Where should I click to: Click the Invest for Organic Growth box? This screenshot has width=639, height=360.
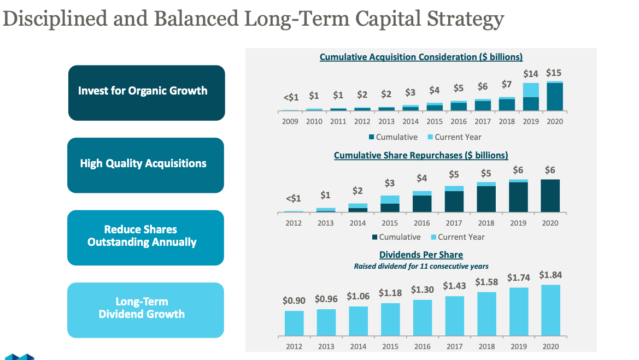pyautogui.click(x=146, y=92)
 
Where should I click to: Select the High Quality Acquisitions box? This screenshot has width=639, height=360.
pyautogui.click(x=145, y=165)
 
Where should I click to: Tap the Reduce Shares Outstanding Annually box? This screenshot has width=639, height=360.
pyautogui.click(x=145, y=237)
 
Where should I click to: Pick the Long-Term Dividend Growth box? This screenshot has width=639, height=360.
pyautogui.click(x=145, y=309)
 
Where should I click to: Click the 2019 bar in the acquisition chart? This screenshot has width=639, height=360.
pyautogui.click(x=531, y=97)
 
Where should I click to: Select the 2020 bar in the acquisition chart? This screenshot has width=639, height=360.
pyautogui.click(x=554, y=96)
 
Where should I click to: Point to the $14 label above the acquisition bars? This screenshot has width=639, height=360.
pyautogui.click(x=530, y=74)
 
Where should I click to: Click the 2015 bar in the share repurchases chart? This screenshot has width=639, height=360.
pyautogui.click(x=390, y=204)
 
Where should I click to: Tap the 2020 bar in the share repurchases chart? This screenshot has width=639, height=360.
pyautogui.click(x=550, y=196)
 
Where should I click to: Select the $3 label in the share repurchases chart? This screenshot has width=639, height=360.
pyautogui.click(x=389, y=183)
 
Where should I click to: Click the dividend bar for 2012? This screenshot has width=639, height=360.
pyautogui.click(x=294, y=323)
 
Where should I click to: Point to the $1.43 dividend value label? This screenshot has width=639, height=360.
pyautogui.click(x=454, y=286)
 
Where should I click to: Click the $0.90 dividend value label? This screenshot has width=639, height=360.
pyautogui.click(x=294, y=300)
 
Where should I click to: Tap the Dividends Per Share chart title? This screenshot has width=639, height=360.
pyautogui.click(x=421, y=255)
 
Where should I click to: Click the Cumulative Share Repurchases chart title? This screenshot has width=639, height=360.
pyautogui.click(x=421, y=156)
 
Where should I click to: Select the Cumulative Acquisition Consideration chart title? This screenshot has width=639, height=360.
pyautogui.click(x=421, y=57)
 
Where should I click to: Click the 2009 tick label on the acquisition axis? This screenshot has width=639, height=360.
pyautogui.click(x=290, y=121)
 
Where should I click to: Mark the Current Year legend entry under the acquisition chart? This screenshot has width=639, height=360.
pyautogui.click(x=455, y=137)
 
